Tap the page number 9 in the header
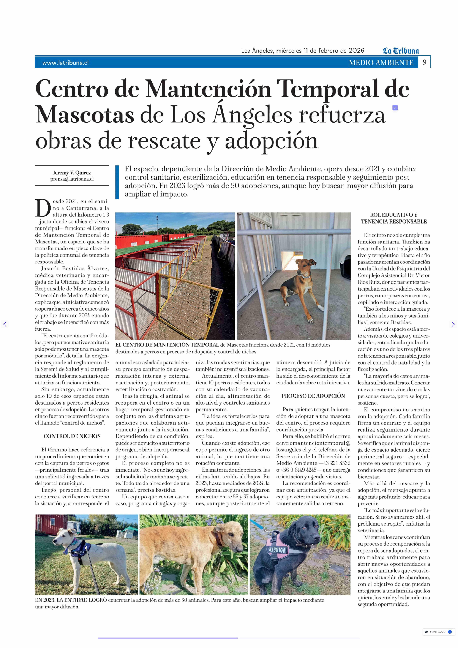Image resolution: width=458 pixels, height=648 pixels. point(424,62)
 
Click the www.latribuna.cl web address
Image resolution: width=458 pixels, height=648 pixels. point(65,63)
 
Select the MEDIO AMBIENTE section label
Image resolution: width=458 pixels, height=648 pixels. point(381,63)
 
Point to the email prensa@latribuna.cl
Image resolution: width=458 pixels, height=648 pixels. point(72,179)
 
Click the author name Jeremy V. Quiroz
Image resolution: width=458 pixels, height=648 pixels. point(72,172)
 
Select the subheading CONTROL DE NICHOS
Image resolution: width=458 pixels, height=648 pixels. point(72,436)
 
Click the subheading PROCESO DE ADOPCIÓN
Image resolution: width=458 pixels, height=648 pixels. point(313,396)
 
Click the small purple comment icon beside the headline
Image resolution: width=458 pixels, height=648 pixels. point(395,108)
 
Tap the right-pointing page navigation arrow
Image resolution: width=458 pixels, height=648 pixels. point(453,324)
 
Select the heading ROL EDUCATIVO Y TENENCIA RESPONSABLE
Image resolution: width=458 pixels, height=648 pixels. point(394,218)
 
